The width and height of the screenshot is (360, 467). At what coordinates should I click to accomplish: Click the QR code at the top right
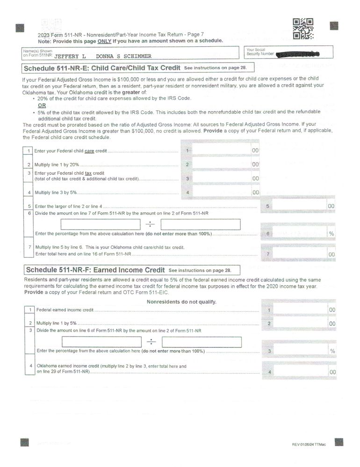pyautogui.click(x=302, y=29)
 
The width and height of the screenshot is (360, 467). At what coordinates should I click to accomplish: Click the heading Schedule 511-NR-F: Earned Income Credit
pyautogui.click(x=95, y=270)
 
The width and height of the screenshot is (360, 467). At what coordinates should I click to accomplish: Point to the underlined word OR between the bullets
pyautogui.click(x=42, y=105)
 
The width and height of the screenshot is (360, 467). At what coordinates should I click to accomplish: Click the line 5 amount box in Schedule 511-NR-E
pyautogui.click(x=299, y=206)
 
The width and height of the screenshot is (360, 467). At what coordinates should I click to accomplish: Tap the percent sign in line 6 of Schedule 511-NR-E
pyautogui.click(x=331, y=233)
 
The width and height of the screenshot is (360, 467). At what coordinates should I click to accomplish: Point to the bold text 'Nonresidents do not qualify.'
pyautogui.click(x=181, y=302)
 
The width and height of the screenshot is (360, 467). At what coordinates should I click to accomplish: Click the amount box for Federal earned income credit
pyautogui.click(x=299, y=309)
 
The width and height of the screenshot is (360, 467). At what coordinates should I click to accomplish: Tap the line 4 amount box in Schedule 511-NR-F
pyautogui.click(x=299, y=372)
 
